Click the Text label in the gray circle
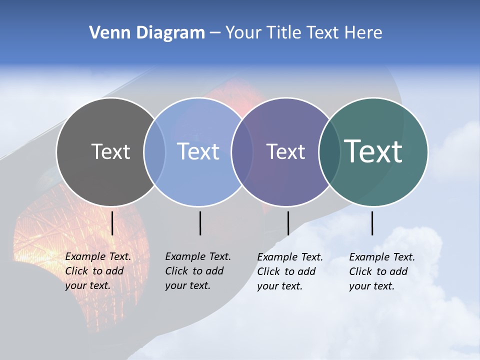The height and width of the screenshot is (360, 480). coord(110,151)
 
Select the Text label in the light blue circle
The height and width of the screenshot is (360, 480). coord(198,151)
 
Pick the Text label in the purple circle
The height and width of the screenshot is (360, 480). coord(285,151)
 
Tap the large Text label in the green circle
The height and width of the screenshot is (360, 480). coord(373,151)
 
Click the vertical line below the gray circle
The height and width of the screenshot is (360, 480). coord(112,223)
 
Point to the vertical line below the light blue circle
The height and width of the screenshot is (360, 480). coord(200,223)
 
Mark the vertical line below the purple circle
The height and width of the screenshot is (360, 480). coord(288,223)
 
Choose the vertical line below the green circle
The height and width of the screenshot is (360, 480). coord(372,223)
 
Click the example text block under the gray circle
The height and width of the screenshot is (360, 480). coord(97,271)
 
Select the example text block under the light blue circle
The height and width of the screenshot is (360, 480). coord(197,271)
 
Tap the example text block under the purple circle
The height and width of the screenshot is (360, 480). coord(289,271)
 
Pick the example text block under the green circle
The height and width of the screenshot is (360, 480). coord(381,271)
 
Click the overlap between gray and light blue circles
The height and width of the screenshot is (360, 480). coord(154,152)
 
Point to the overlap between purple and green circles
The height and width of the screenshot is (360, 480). coord(329,152)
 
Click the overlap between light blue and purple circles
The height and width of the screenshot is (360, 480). coord(242,152)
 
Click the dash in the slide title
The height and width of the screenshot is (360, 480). coord(215,33)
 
